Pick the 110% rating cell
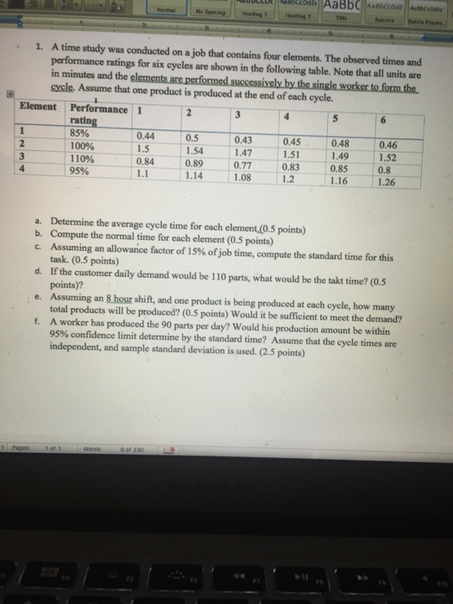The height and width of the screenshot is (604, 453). click(82, 158)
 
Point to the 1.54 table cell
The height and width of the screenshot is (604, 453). click(197, 151)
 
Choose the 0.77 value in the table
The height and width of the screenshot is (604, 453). click(245, 166)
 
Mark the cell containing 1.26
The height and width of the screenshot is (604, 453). click(392, 182)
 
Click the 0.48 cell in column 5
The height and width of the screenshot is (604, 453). click(342, 143)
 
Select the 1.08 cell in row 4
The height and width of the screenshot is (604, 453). click(245, 179)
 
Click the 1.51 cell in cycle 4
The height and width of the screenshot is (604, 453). click(293, 155)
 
